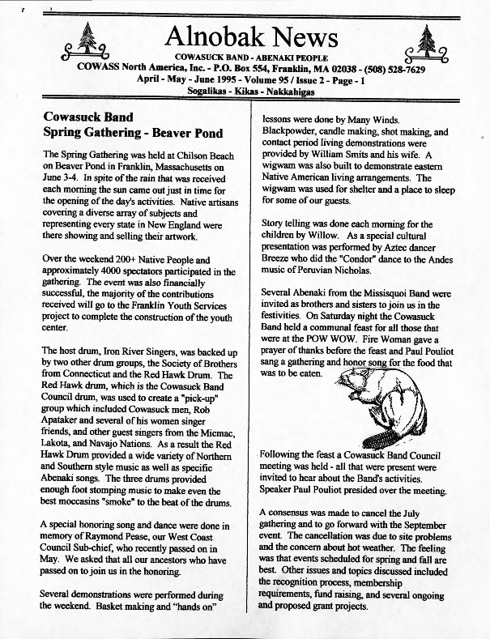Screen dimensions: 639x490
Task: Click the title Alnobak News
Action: [x=251, y=37]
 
